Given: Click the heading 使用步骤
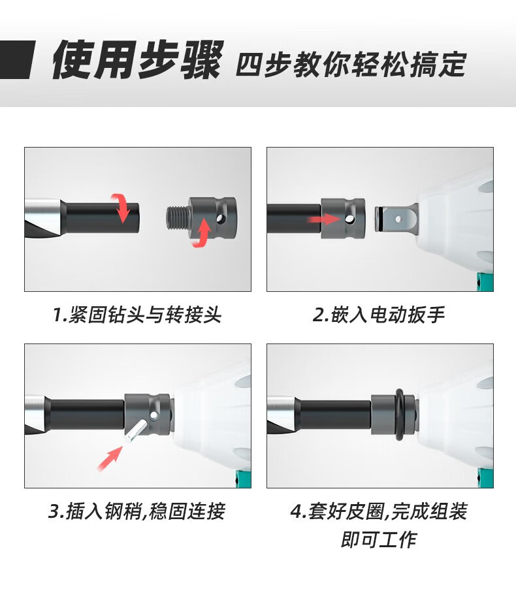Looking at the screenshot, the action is [137, 59].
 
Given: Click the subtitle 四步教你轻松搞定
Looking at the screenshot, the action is [351, 64].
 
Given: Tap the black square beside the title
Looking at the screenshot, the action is [16, 59].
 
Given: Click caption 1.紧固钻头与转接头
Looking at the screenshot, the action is [137, 315].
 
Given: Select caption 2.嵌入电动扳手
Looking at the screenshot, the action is [379, 315].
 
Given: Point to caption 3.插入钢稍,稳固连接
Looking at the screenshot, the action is [137, 511].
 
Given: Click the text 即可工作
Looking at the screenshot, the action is [379, 539].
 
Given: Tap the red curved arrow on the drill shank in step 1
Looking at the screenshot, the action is [121, 208].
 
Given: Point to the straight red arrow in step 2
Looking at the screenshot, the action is [323, 219].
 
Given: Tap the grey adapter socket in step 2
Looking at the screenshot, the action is [343, 219].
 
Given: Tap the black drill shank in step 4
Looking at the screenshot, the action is [334, 415].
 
